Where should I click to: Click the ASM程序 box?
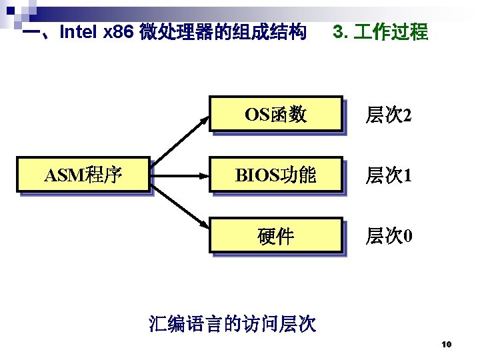[x=83, y=175]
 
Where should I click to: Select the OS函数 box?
[x=275, y=115]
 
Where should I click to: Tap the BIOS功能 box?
[x=275, y=175]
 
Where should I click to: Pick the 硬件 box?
[x=275, y=235]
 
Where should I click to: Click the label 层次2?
[x=389, y=116]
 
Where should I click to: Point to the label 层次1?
[x=389, y=176]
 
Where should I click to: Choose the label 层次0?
[x=389, y=236]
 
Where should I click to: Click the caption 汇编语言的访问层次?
[x=232, y=325]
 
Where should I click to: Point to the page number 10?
[x=447, y=345]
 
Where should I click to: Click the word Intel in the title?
[x=79, y=31]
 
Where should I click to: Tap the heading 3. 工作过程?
[x=380, y=31]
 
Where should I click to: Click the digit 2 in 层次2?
[x=407, y=117]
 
